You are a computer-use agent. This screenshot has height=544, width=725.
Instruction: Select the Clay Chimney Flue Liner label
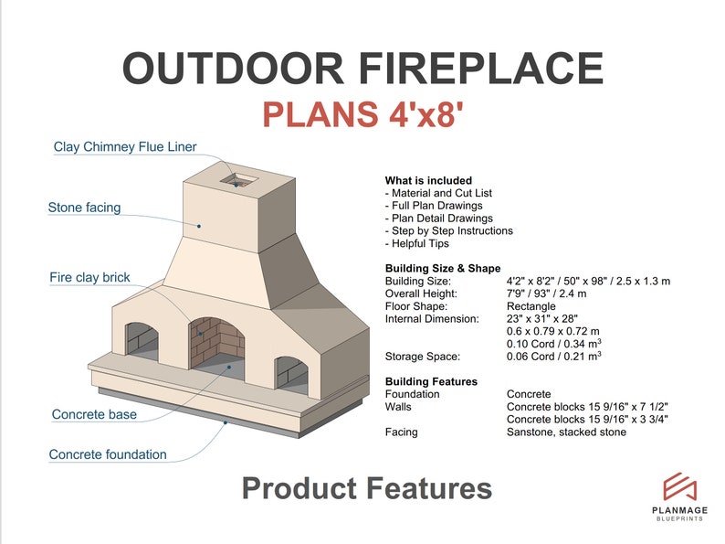click(125, 146)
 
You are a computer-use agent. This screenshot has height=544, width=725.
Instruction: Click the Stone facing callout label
click(84, 208)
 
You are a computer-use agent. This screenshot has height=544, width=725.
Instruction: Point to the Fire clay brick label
click(89, 277)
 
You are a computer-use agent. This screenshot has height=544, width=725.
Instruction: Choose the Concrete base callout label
click(94, 414)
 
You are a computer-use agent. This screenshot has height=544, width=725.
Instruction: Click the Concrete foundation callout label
click(108, 454)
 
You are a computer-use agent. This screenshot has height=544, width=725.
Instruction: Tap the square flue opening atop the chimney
click(239, 178)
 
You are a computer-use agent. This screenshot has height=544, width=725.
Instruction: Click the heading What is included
click(428, 181)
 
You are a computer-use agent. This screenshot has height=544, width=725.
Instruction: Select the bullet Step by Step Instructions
click(448, 231)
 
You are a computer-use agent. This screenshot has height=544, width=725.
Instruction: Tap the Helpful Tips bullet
click(420, 244)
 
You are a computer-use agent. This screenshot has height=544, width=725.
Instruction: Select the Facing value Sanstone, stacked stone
click(566, 432)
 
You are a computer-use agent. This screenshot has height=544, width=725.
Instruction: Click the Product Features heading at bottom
click(366, 488)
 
